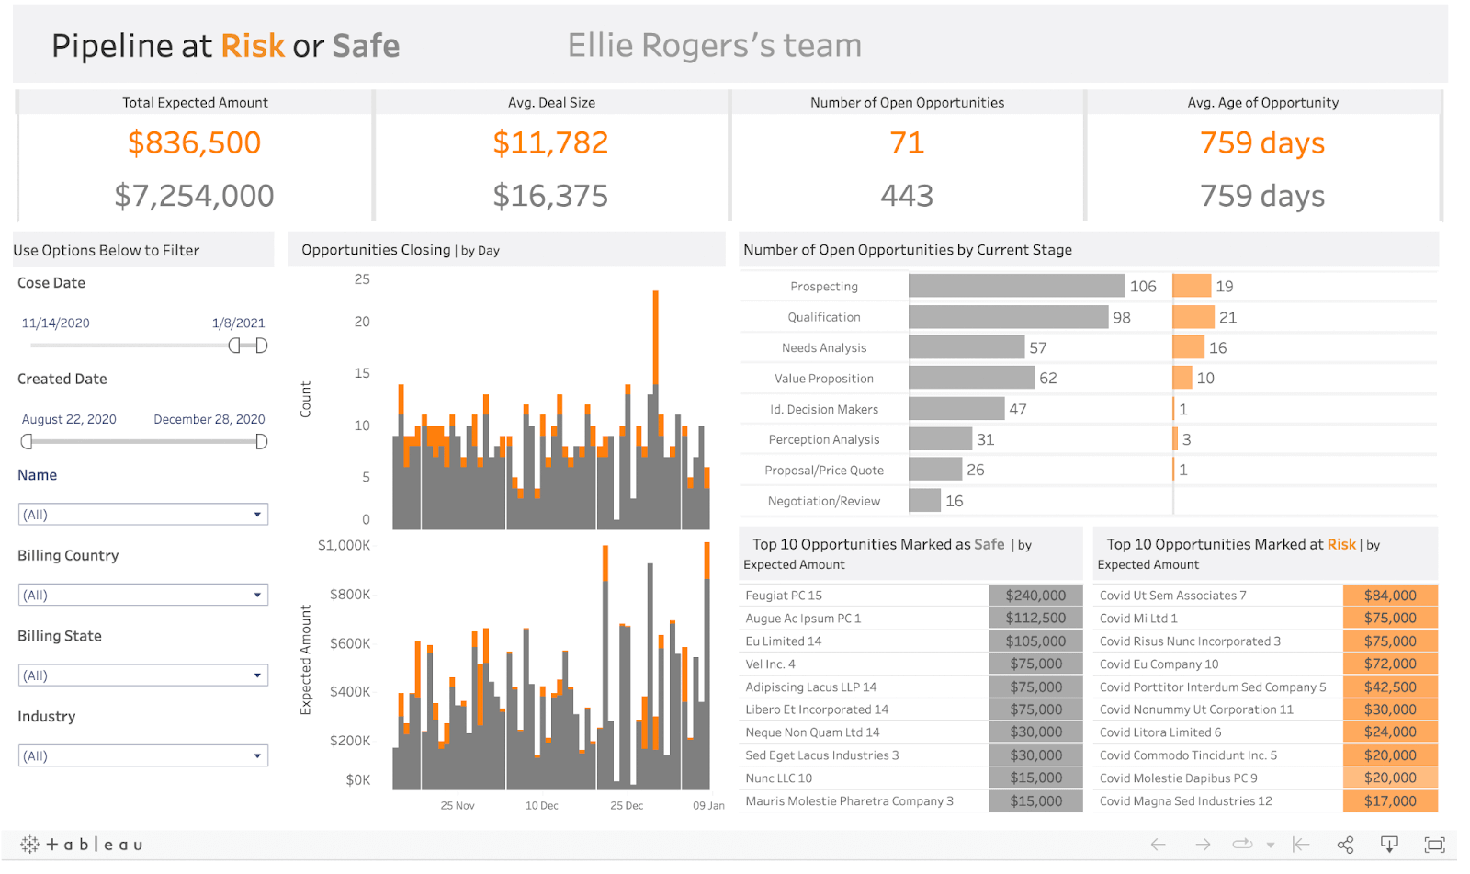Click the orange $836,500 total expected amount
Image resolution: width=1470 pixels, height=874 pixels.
[x=194, y=142]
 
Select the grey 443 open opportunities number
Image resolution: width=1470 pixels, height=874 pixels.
[x=906, y=196]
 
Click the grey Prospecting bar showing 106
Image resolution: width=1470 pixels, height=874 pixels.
[x=1016, y=286]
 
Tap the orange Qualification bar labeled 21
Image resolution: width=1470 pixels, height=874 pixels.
[x=1193, y=317]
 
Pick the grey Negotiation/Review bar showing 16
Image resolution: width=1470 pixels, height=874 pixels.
[x=924, y=501]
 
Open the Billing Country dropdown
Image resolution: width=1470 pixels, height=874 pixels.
[x=143, y=595]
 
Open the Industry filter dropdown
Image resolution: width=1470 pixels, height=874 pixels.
[x=143, y=755]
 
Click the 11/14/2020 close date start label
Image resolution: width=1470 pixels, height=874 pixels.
[x=56, y=323]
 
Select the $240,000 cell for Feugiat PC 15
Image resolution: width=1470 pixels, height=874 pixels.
[x=1035, y=596]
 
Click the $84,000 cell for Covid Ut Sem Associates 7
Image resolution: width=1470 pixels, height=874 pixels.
[x=1389, y=596]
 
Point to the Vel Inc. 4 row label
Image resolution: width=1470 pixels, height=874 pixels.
[x=770, y=664]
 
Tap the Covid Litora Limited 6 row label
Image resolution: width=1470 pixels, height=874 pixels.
[x=1159, y=732]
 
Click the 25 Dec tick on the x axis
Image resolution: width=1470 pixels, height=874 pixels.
[x=627, y=805]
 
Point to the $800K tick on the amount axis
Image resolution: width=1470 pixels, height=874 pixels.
[x=350, y=595]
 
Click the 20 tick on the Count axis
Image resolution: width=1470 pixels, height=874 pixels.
[x=362, y=322]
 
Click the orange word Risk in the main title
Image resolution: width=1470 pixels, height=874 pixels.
[x=253, y=46]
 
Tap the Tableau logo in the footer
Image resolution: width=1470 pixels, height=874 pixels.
[x=82, y=844]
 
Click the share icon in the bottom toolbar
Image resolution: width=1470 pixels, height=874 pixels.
[x=1345, y=844]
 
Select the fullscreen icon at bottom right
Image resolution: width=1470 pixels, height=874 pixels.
[x=1433, y=844]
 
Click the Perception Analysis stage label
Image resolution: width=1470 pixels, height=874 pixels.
[x=823, y=439]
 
